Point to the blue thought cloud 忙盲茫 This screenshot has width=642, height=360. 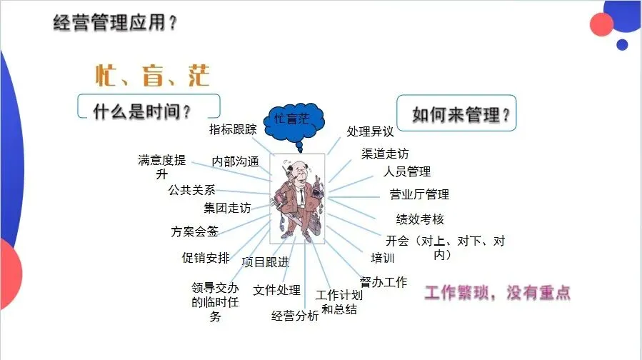coord(293,119)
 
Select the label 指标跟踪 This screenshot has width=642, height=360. coord(233,129)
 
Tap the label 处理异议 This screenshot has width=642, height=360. coord(371,131)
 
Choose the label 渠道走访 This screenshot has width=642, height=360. coord(386,153)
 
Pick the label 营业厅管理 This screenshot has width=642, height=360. coord(419,194)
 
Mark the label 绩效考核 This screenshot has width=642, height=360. coord(420,219)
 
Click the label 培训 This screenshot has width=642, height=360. coord(383,258)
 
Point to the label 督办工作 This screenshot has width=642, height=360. coord(383,282)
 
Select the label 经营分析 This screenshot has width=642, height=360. coord(295,316)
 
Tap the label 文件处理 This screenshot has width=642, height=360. coord(277,290)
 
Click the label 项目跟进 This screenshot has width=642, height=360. coord(266,262)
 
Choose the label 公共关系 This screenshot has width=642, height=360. coord(191,190)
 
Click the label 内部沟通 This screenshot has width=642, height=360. coord(235,161)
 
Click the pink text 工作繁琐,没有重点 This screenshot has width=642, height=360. coord(498,293)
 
